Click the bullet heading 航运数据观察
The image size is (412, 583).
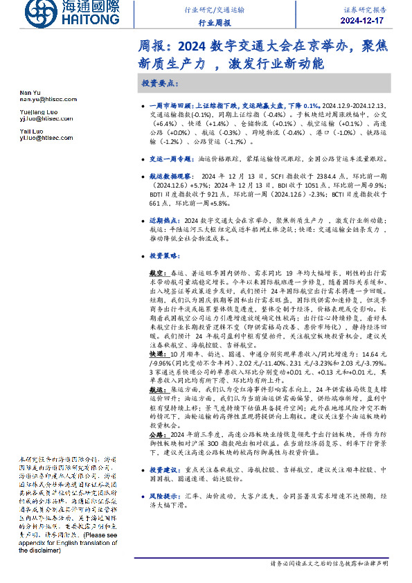(168, 177)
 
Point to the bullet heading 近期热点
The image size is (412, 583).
(164, 219)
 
